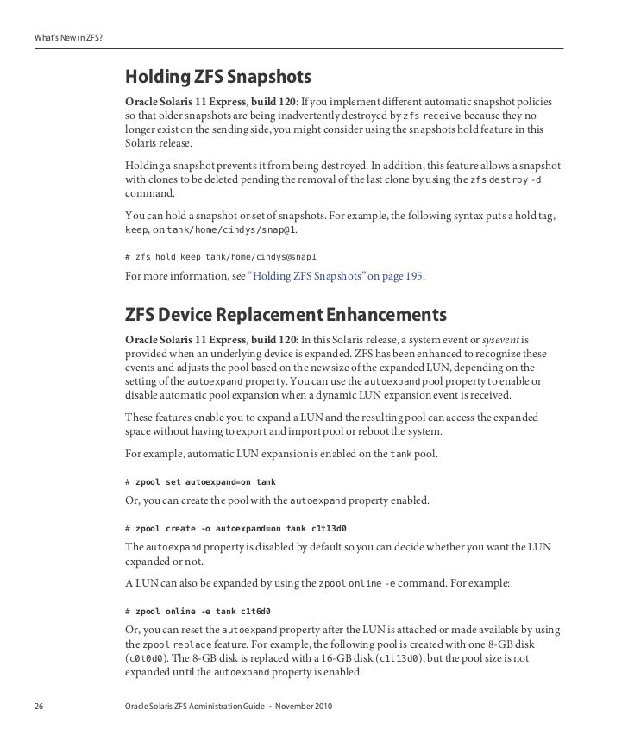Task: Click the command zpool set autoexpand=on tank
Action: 200,481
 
